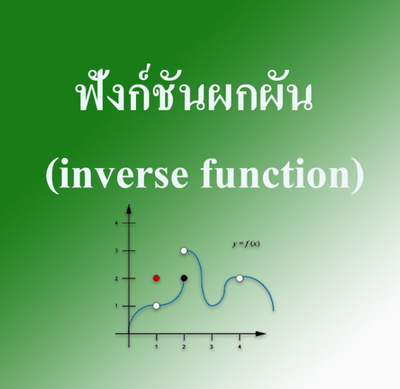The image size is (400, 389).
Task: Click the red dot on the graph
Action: (x=157, y=278)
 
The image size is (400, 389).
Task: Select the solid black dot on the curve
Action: (x=184, y=278)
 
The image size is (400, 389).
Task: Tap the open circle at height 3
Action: (x=184, y=251)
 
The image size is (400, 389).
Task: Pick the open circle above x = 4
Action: (x=239, y=278)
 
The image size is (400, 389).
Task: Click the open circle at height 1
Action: (x=157, y=306)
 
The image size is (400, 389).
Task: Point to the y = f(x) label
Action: (x=246, y=244)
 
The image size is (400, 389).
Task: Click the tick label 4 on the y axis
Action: (x=117, y=223)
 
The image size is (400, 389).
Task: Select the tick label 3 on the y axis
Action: (x=117, y=251)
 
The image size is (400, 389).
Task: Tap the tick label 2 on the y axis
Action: (x=117, y=278)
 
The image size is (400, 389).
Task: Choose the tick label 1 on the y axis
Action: (x=117, y=306)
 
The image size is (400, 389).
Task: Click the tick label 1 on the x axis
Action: (x=157, y=346)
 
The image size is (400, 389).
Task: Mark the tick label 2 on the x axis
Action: (x=184, y=346)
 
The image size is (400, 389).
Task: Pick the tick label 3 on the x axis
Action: (x=211, y=346)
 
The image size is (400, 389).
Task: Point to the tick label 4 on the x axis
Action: (x=239, y=346)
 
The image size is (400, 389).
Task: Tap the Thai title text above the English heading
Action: (x=194, y=94)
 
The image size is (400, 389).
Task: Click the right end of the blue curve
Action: (x=274, y=310)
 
